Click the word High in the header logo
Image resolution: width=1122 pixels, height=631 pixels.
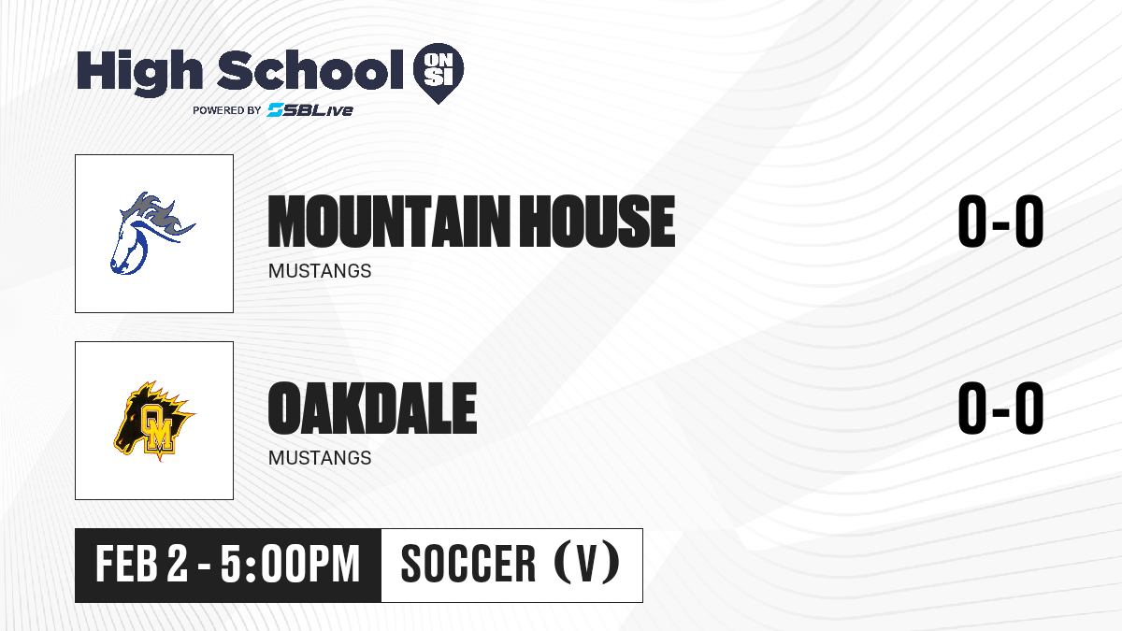click(x=140, y=72)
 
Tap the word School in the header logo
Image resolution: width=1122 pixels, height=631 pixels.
click(x=310, y=69)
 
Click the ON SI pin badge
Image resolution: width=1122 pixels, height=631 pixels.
click(x=439, y=73)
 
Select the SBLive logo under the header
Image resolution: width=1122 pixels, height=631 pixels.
click(x=310, y=110)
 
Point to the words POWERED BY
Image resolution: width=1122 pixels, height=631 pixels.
click(x=227, y=110)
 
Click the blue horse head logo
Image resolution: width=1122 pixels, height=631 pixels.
click(x=152, y=234)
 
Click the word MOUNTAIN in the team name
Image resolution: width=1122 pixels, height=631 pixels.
click(x=389, y=222)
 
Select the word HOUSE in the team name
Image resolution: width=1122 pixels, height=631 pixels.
click(x=597, y=222)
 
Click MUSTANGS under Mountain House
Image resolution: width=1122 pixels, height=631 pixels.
click(x=320, y=271)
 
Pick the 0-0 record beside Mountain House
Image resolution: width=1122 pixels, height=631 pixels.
click(x=1000, y=221)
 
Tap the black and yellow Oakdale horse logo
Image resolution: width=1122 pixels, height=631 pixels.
click(x=154, y=421)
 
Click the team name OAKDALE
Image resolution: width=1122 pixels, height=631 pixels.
click(x=372, y=408)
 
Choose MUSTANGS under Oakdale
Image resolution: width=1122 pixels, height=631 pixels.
click(x=320, y=458)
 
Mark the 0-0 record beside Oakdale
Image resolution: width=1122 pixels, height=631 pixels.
click(x=1000, y=408)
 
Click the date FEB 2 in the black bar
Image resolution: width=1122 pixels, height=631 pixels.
click(x=142, y=564)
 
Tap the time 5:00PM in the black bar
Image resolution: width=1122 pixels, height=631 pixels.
click(x=291, y=564)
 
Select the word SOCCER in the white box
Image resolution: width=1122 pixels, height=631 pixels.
click(x=468, y=564)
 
